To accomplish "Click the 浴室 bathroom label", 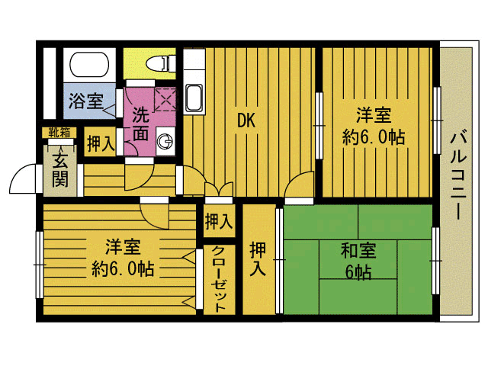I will pos(85,101).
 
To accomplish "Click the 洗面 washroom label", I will pos(141,124).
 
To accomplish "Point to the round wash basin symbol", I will pos(165,140).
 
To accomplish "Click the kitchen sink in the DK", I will pos(194,97).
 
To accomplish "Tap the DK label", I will pos(245,120).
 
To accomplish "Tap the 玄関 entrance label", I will pos(59,169).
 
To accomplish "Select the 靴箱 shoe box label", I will pos(59,133).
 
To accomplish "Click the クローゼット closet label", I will pos(218,279).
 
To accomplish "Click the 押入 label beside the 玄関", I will pos(100,144).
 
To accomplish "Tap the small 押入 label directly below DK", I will pos(219,222).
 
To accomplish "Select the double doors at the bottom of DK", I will pos(219,191).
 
